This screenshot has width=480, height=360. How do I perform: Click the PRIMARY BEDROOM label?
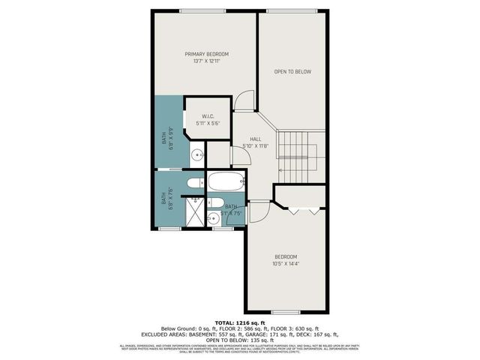pos(207,54)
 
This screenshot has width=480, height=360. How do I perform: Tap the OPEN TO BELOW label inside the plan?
pos(292,72)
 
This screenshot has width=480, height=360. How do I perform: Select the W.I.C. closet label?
pos(208,115)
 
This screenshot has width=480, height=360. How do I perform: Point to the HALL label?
pos(255,139)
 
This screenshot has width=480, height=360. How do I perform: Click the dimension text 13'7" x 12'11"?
pos(207,61)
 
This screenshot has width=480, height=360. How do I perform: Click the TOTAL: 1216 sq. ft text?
pos(239,321)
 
